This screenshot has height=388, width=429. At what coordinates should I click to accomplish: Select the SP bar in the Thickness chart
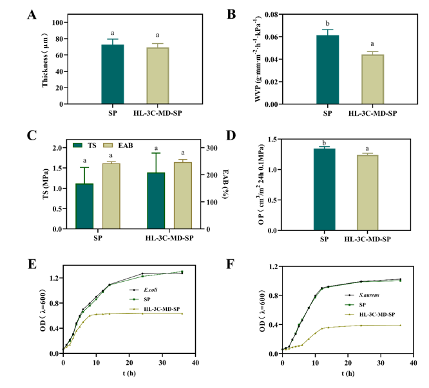click(x=112, y=74)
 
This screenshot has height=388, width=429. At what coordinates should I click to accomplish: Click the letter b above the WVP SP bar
click(x=327, y=23)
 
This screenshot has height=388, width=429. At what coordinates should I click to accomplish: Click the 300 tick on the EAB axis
click(x=210, y=148)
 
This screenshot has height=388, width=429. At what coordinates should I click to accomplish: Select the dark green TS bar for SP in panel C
click(x=84, y=206)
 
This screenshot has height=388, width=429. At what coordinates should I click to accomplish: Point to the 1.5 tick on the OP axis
click(x=279, y=139)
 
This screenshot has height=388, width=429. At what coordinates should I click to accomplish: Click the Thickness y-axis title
click(x=46, y=62)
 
